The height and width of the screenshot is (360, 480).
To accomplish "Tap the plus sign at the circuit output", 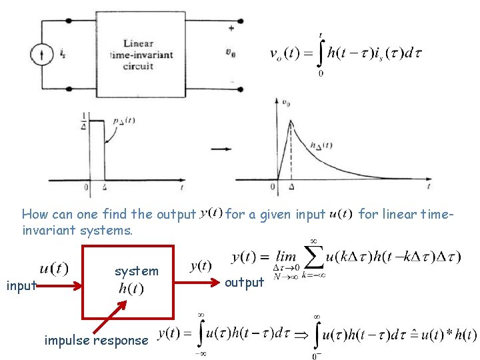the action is pyautogui.click(x=231, y=28).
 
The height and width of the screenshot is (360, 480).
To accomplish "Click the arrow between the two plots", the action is pyautogui.click(x=218, y=147).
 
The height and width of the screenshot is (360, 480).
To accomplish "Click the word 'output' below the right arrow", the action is pyautogui.click(x=244, y=283).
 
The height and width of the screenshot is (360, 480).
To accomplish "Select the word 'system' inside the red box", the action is pyautogui.click(x=137, y=271).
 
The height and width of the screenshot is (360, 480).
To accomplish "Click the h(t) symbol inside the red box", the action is pyautogui.click(x=130, y=289).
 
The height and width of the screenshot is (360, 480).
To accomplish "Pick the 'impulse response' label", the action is pyautogui.click(x=96, y=340).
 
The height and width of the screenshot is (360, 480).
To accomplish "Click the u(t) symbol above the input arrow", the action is pyautogui.click(x=54, y=268).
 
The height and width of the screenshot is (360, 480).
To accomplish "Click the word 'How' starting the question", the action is pyautogui.click(x=33, y=214).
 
